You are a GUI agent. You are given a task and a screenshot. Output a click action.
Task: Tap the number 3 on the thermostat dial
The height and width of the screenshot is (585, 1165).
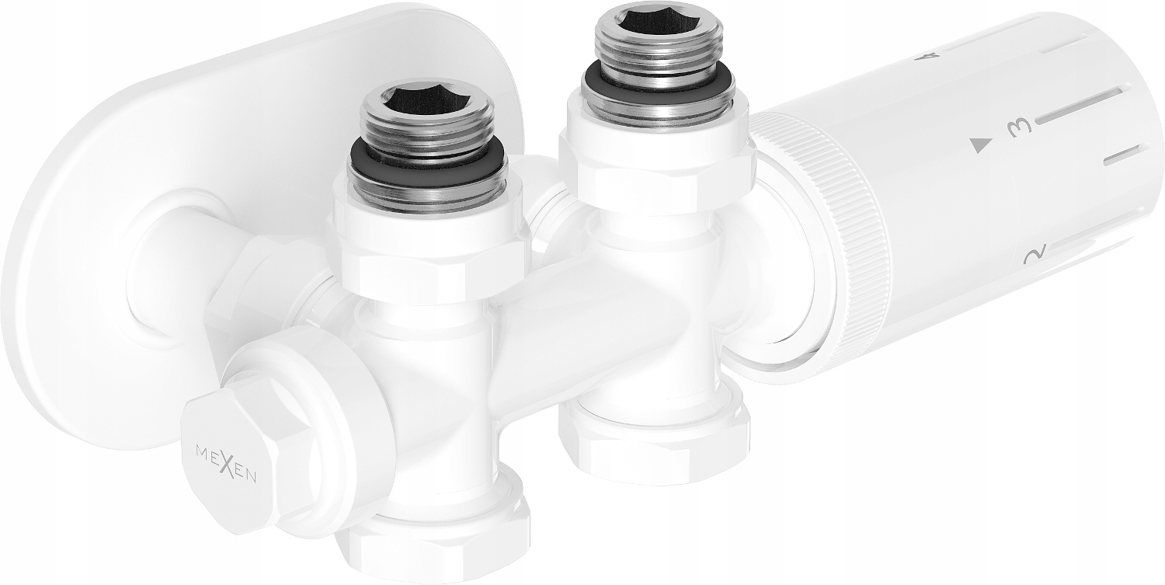1018,127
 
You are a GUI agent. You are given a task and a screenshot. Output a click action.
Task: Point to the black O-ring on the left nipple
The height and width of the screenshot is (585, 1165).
427,158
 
